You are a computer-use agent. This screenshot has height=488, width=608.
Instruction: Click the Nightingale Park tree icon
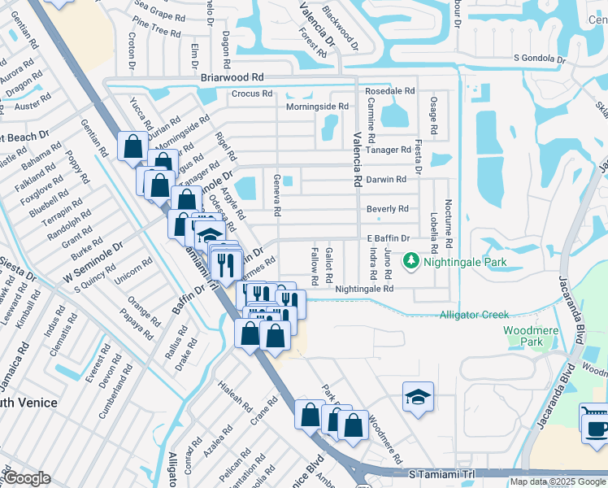[412, 261]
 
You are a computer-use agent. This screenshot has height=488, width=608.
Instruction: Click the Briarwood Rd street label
[232, 77]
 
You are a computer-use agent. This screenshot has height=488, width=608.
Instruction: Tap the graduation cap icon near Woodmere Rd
[418, 397]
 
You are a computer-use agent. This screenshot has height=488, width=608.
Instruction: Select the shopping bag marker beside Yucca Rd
[132, 147]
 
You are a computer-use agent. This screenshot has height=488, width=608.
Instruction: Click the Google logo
[27, 478]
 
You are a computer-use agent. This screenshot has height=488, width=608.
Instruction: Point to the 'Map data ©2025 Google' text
[558, 481]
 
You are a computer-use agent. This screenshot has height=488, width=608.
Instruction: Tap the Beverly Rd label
[387, 209]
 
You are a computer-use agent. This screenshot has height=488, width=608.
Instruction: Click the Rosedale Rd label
[390, 92]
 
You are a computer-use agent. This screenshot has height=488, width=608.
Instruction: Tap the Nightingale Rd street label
[363, 289]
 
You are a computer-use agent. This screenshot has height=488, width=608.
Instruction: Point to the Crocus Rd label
[251, 94]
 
